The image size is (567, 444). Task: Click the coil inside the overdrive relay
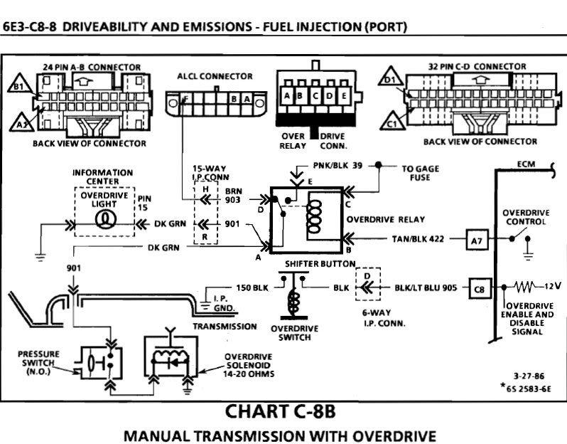(x=315, y=218)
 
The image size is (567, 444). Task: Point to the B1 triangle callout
(x=18, y=88)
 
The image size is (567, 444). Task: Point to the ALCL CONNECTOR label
(x=215, y=76)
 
